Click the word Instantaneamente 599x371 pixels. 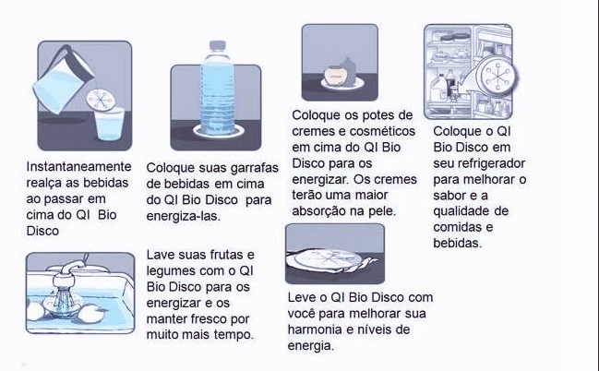point(78,167)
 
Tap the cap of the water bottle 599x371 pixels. point(218,45)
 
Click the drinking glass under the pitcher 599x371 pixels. point(110,124)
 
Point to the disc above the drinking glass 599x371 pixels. point(101,100)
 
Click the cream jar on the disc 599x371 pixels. point(336,74)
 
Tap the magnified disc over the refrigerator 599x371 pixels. point(497,76)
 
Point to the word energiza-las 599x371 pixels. point(184,216)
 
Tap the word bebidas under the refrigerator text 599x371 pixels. point(458,243)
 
